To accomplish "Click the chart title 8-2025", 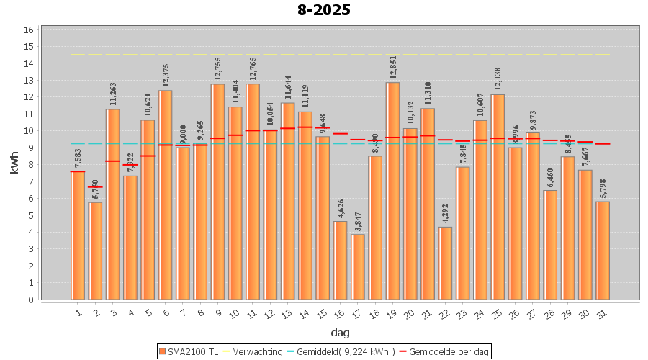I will tap(324, 10).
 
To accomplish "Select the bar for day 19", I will tap(392, 191).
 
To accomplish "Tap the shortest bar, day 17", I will tap(358, 266).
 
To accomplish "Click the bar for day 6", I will tap(166, 194).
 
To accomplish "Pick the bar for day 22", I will tap(445, 263).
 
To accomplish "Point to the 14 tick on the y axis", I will tap(29, 63).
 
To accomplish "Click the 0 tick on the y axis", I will tap(29, 300).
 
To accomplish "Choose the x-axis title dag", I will tap(340, 332).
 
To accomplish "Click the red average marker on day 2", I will tap(96, 187).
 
